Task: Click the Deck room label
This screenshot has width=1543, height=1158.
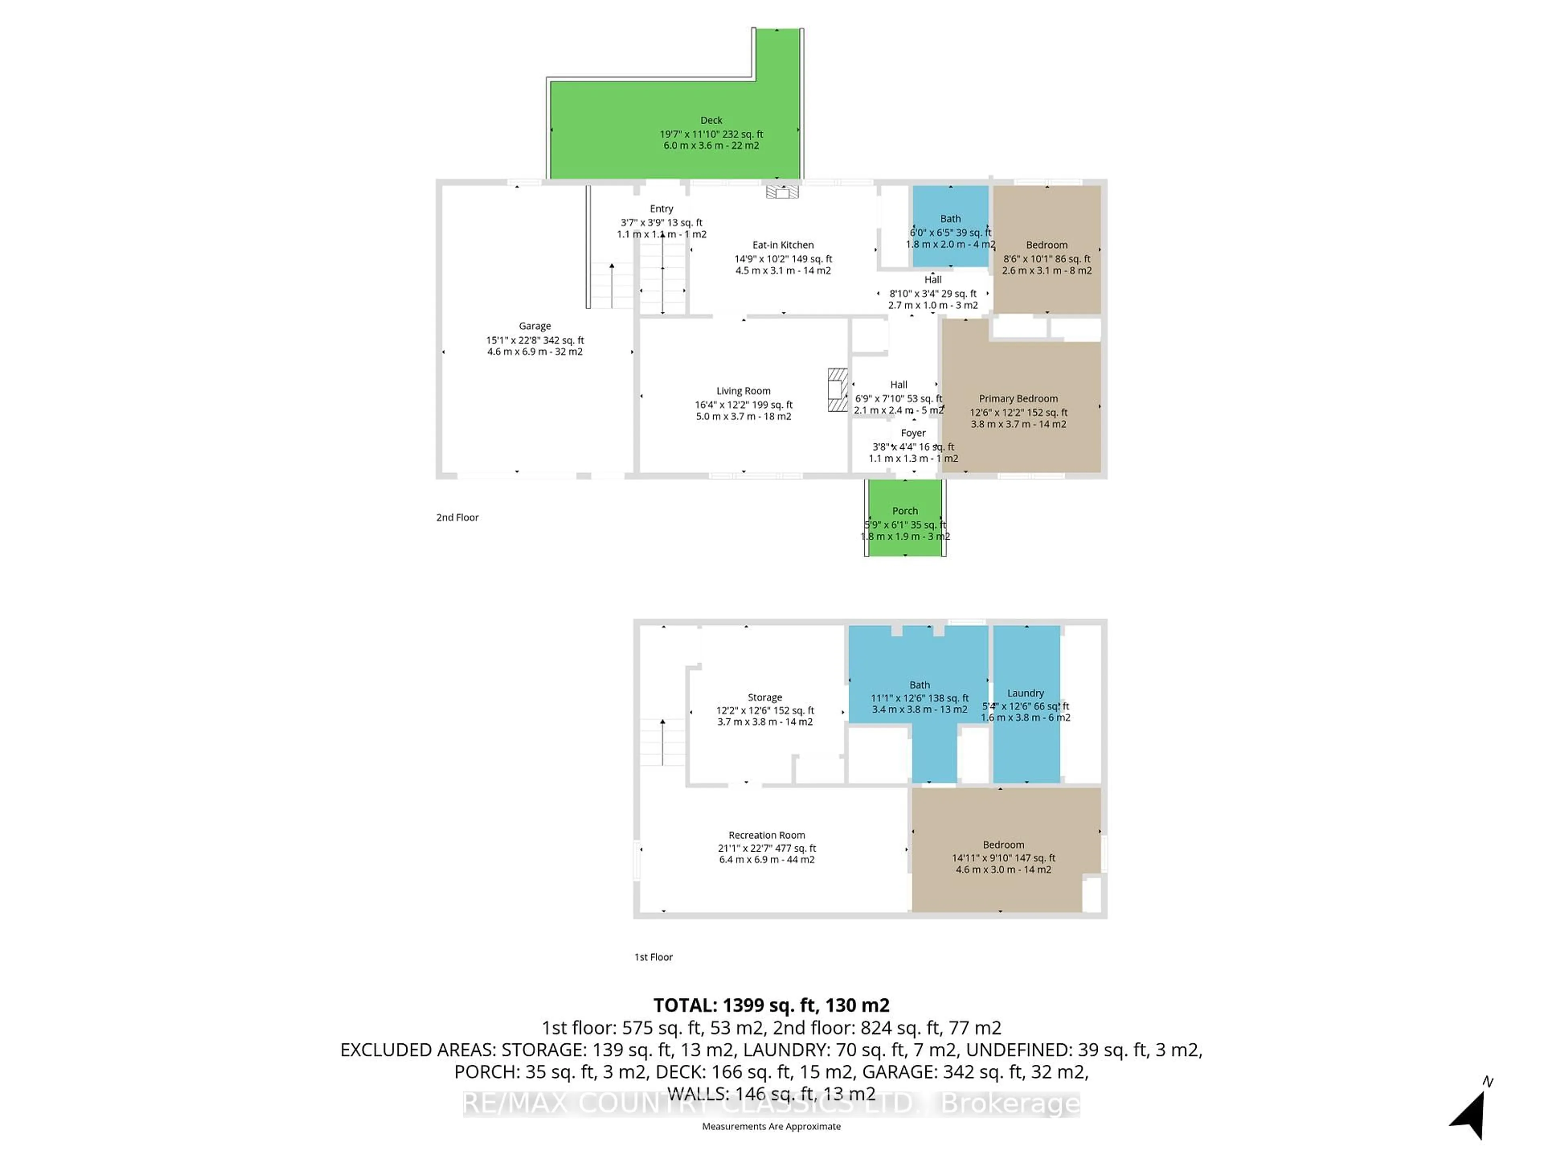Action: pos(711,121)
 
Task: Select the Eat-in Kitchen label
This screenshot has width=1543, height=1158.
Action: pos(783,245)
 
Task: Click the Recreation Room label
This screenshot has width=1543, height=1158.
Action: pos(767,835)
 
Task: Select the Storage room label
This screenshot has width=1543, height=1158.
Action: pos(765,697)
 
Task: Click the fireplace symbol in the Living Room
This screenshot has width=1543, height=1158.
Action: pos(837,390)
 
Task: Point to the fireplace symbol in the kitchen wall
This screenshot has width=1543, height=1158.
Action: pos(782,191)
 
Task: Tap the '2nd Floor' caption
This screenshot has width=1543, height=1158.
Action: pos(458,517)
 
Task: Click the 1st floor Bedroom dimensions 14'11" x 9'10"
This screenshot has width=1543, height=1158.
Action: pos(1003,858)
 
